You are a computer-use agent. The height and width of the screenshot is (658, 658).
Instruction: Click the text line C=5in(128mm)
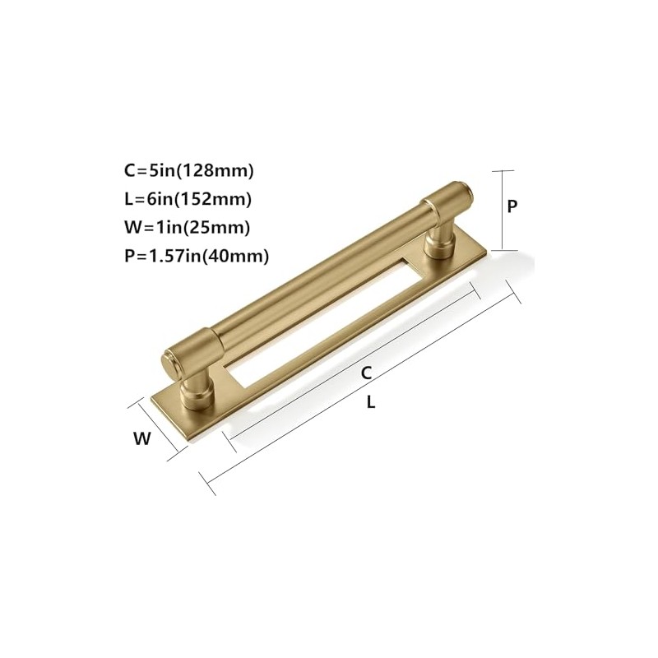click(x=189, y=171)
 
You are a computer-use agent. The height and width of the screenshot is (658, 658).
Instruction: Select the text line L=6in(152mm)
click(x=188, y=199)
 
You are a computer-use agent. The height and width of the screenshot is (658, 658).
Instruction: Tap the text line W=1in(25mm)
click(x=188, y=228)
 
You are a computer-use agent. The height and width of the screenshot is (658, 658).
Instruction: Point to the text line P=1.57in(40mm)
click(x=197, y=256)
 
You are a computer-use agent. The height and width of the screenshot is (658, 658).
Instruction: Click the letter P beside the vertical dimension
click(x=512, y=206)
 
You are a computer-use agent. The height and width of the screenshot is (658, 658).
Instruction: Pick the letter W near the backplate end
click(x=142, y=438)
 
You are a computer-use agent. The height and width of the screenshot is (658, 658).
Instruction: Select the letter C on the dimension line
click(x=367, y=373)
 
